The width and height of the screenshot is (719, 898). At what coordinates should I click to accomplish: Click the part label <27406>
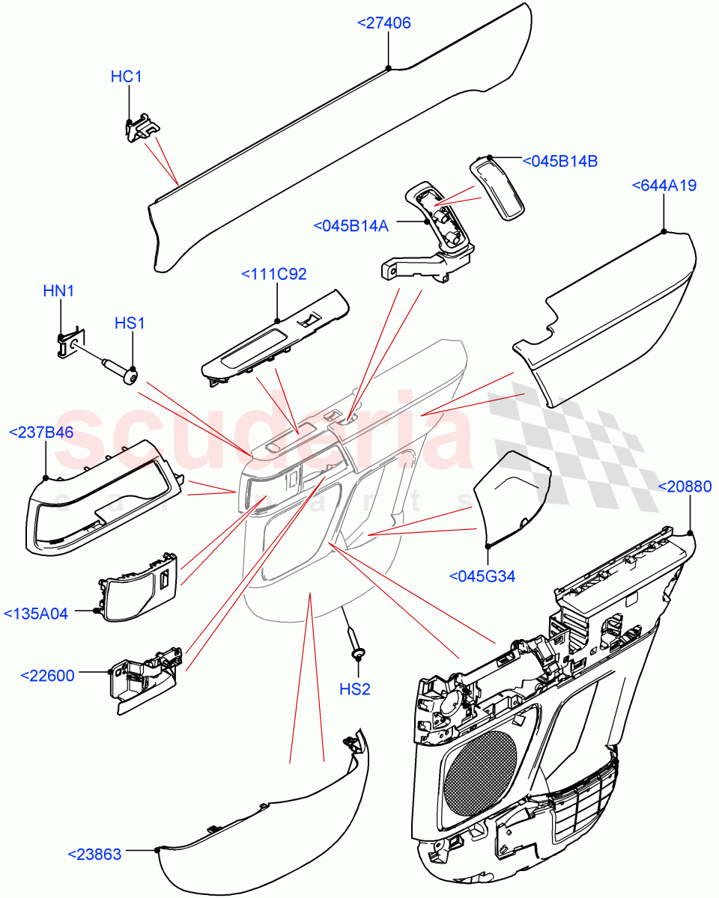tap(383, 24)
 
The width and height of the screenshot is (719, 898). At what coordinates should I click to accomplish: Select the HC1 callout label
tap(126, 76)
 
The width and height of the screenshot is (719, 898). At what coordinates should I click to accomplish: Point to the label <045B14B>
tap(559, 161)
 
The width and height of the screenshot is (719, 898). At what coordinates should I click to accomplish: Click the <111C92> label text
tap(273, 275)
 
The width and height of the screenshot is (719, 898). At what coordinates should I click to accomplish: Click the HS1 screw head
tap(131, 376)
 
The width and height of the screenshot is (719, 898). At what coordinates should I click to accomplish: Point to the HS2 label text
tap(355, 689)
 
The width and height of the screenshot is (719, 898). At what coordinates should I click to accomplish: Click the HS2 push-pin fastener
tap(357, 644)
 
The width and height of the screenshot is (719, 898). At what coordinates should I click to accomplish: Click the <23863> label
tap(94, 854)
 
